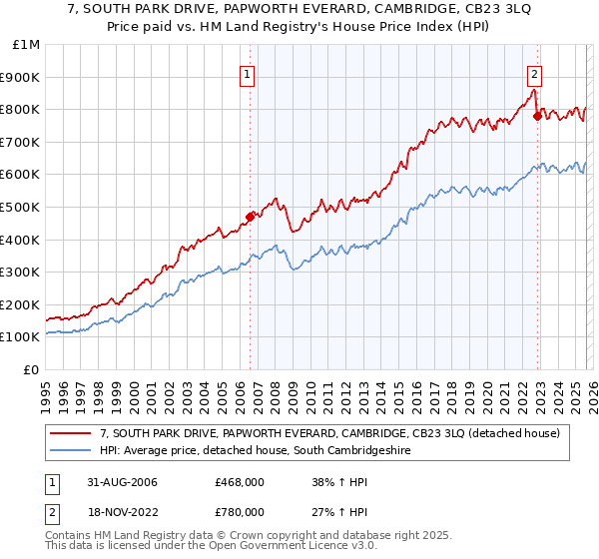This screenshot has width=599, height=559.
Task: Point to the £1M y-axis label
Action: [x=25, y=44]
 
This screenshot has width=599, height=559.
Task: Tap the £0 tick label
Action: [x=31, y=369]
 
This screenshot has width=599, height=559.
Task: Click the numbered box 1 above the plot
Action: [x=247, y=72]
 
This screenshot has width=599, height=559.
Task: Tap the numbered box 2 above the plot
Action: [x=535, y=72]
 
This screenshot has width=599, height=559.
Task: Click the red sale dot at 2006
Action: [x=251, y=217]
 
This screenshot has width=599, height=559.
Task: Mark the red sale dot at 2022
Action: [x=538, y=115]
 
